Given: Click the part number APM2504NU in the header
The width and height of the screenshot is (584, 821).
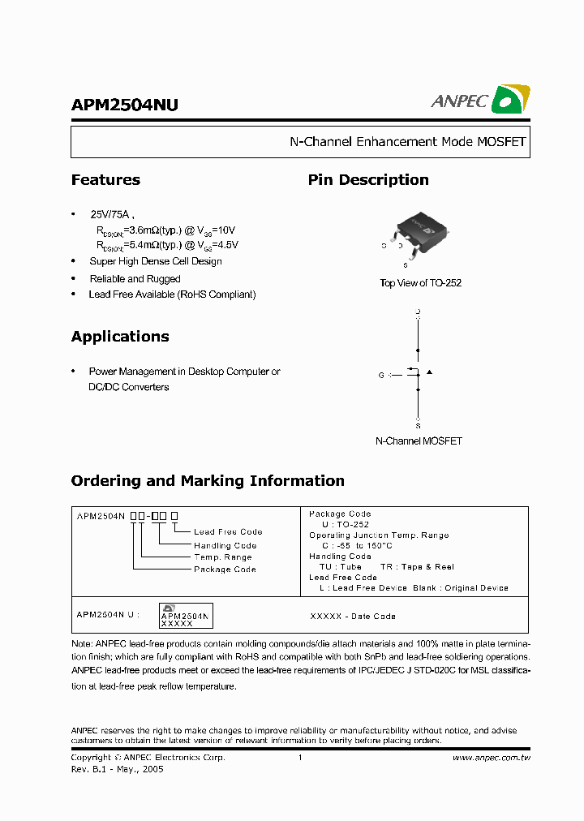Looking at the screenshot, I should (125, 105).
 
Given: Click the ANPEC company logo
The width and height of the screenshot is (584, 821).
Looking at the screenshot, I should (480, 99).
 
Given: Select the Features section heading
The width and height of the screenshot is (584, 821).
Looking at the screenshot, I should (105, 180).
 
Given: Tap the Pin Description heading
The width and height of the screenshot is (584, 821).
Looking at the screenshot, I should (368, 180).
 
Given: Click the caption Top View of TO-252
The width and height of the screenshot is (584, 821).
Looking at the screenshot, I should (420, 283).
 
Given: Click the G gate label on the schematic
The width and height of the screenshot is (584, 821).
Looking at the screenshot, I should (381, 375).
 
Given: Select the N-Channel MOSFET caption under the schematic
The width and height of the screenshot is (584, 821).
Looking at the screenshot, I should (419, 441).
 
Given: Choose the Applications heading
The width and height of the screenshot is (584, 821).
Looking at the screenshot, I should (120, 337).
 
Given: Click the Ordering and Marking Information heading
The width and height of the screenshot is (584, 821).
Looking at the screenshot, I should (208, 481).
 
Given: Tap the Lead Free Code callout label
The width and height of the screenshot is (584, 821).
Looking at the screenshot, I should (228, 532).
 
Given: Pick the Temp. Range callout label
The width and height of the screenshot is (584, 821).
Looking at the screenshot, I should (223, 557).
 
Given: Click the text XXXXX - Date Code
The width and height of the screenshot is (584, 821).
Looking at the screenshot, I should (353, 617).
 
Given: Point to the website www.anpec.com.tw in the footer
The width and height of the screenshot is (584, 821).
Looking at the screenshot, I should (491, 758).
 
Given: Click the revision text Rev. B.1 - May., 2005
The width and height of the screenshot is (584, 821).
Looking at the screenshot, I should (117, 769).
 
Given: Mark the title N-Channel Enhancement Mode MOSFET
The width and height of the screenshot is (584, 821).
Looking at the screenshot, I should (408, 142).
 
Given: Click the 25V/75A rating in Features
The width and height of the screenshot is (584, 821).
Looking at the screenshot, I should (109, 215).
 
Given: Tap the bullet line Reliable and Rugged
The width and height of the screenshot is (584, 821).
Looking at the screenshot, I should (135, 279).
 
